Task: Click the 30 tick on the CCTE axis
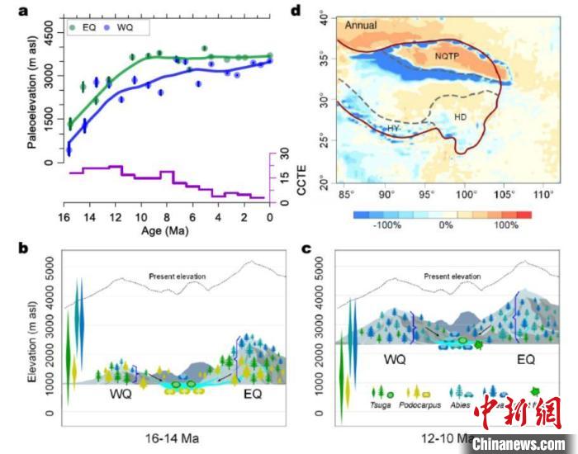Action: [x=285, y=153]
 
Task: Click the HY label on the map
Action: [x=394, y=130]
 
